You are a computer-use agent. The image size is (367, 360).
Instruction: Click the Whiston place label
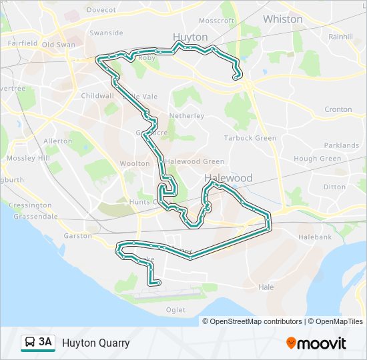pyautogui.click(x=282, y=19)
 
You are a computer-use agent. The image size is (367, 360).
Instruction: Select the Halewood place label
pyautogui.click(x=228, y=178)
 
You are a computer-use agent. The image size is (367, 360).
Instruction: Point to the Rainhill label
pyautogui.click(x=340, y=37)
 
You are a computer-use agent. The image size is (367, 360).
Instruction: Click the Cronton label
pyautogui.click(x=338, y=109)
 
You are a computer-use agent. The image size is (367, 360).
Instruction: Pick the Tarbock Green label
pyautogui.click(x=250, y=138)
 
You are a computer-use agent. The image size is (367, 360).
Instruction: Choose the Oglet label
pyautogui.click(x=177, y=309)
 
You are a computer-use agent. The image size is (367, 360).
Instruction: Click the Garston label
pyautogui.click(x=78, y=236)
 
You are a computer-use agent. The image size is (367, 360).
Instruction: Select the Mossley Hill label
pyautogui.click(x=28, y=158)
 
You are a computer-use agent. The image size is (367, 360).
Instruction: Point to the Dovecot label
pyautogui.click(x=101, y=10)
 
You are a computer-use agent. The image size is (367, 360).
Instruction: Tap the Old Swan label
pyautogui.click(x=58, y=45)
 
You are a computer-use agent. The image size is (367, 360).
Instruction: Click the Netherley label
pyautogui.click(x=187, y=115)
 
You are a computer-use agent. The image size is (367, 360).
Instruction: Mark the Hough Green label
pyautogui.click(x=317, y=159)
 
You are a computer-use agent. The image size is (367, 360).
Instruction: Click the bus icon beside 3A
pyautogui.click(x=30, y=343)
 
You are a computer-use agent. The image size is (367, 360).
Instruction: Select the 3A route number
pyautogui.click(x=45, y=343)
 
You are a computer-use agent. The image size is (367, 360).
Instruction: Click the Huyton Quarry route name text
pyautogui.click(x=96, y=343)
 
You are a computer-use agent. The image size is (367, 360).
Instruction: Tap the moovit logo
pyautogui.click(x=316, y=343)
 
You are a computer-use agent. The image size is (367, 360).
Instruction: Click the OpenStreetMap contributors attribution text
pyautogui.click(x=256, y=321)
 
